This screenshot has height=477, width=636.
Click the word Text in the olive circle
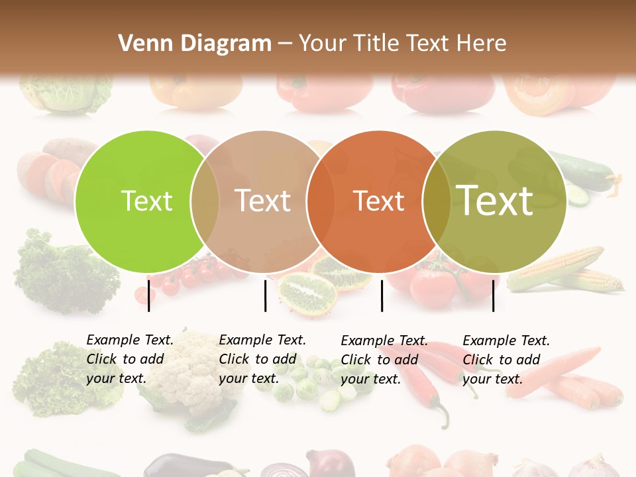[495, 201]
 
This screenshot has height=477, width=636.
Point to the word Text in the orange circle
[378, 201]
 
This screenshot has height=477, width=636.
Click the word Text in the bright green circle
[147, 201]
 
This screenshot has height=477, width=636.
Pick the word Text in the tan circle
[262, 201]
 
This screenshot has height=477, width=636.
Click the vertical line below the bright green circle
[148, 295]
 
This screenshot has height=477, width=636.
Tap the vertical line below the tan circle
[265, 295]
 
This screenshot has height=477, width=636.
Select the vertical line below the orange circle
[382, 295]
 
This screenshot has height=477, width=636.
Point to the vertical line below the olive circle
[493, 295]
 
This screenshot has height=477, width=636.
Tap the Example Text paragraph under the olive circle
[505, 360]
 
